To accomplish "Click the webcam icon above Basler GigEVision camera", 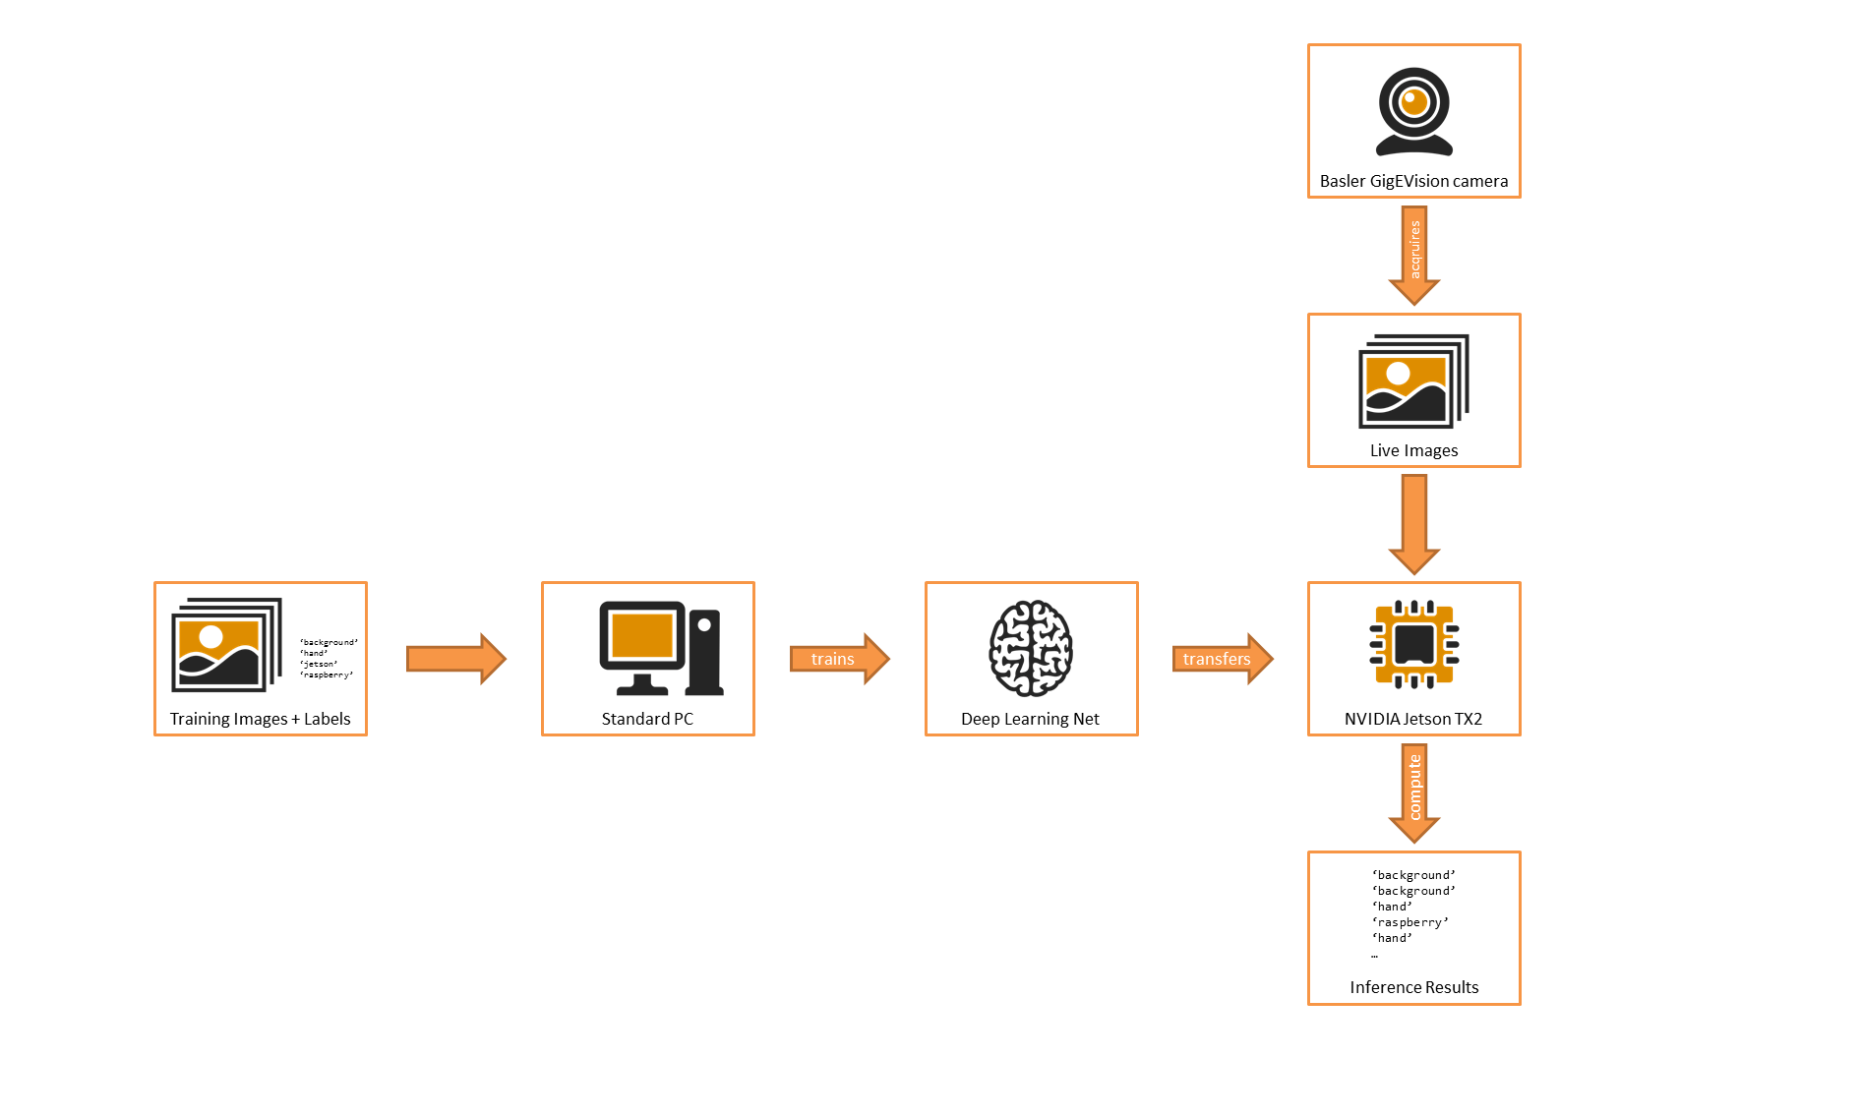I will point(1413,111).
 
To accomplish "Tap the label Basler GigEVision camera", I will point(1413,181).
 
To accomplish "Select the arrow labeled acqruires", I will point(1414,252).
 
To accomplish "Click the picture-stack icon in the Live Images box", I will point(1412,381).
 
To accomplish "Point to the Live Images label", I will point(1413,450).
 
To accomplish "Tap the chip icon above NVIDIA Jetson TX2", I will point(1413,645).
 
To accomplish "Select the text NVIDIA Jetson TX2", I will point(1412,719).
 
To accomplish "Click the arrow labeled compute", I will point(1414,790).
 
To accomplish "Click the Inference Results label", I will point(1413,987).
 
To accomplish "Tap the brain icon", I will point(1030,648).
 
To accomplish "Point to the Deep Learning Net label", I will point(1030,719).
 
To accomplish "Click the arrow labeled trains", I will point(839,659).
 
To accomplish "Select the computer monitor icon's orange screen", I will point(641,635).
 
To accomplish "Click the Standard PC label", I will point(647,719).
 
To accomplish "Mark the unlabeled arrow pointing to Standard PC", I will point(455,659).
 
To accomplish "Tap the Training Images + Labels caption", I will point(260,719).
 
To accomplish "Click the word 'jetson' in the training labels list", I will point(319,664).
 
